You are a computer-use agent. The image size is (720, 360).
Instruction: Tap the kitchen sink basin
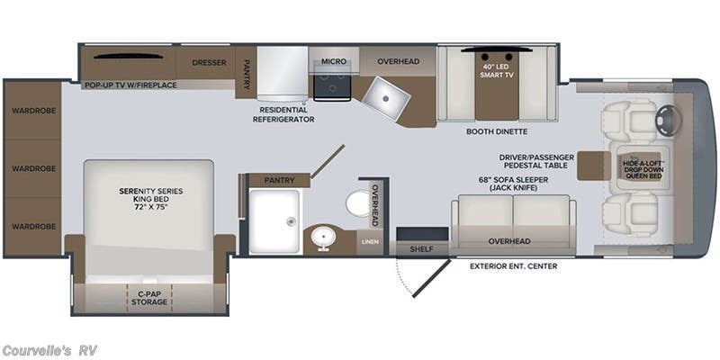pos(386,98)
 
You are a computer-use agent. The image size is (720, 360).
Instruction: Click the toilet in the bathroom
pos(358,203)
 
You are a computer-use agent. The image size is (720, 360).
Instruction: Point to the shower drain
pos(290,221)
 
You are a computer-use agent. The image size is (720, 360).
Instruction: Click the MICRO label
pos(334,61)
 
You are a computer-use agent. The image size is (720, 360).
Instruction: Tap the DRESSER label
pos(209,62)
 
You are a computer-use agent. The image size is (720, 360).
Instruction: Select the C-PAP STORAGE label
pos(149,298)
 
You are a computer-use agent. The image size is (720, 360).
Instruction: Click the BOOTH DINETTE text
pos(497,131)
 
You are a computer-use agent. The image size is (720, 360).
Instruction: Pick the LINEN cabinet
pos(370,242)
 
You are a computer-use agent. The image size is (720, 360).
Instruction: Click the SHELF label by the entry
pos(421,249)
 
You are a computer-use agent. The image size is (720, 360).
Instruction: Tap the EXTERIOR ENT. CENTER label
pos(513,266)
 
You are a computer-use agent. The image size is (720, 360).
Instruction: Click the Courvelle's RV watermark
pos(49,351)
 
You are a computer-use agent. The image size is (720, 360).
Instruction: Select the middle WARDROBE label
pos(34,168)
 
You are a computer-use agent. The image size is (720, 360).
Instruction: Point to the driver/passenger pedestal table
pos(594,166)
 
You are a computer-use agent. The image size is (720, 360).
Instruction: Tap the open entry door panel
pos(431,278)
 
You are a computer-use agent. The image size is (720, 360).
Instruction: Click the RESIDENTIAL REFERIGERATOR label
pos(287,115)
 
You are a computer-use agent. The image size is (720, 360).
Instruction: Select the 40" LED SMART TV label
pos(497,70)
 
